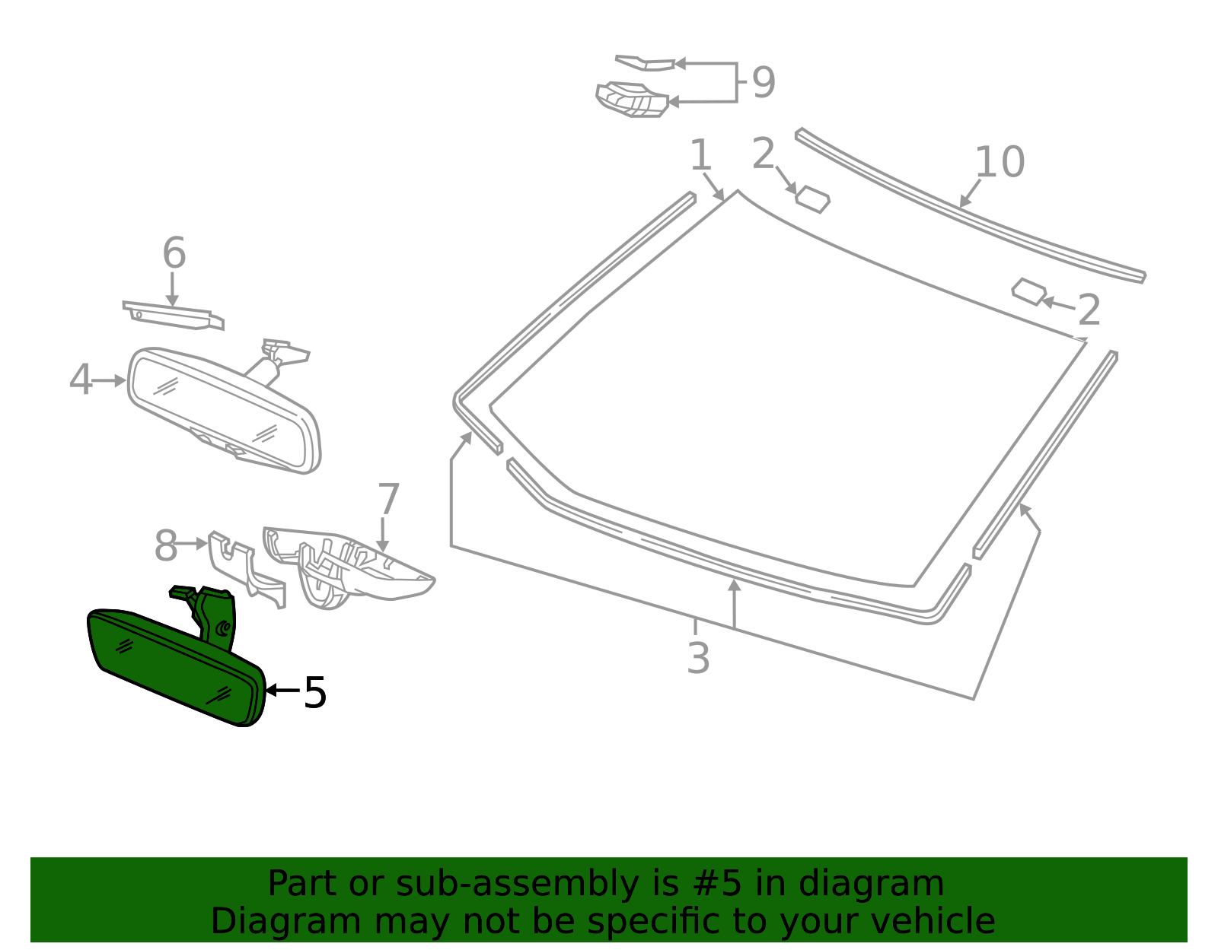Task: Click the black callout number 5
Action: coord(314,692)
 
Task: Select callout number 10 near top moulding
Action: coord(1000,162)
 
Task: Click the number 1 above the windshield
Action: coord(700,155)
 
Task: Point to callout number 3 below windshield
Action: coord(698,658)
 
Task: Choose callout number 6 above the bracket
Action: coord(174,253)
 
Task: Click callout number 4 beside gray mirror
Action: coord(80,380)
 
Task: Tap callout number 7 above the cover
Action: coord(388,500)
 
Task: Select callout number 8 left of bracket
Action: coord(165,546)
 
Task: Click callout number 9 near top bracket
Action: coord(763,82)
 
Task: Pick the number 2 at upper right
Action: coord(1089,310)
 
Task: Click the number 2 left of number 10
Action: coord(763,154)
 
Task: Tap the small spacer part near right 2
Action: coord(1029,291)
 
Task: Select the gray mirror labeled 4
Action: coord(221,411)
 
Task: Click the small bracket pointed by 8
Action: coord(244,567)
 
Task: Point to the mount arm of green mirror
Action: coord(217,616)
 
